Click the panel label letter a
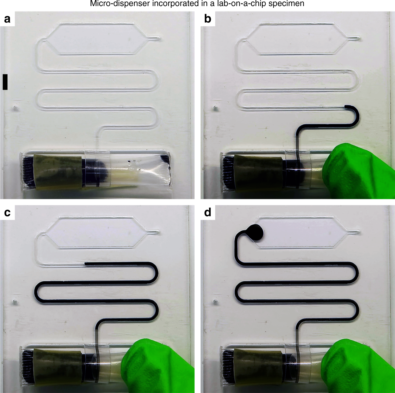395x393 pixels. click(7, 19)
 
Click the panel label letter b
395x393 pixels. click(208, 19)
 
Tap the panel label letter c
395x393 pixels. click(7, 212)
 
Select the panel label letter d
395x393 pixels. click(208, 212)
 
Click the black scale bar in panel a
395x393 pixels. click(5, 82)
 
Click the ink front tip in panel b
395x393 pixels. click(346, 107)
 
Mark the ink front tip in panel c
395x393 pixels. click(86, 263)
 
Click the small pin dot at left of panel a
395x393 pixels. click(15, 108)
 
